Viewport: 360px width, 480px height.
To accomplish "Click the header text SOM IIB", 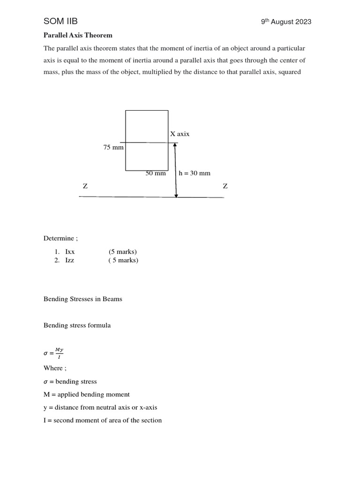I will click(60, 21).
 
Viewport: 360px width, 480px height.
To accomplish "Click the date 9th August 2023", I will click(286, 22).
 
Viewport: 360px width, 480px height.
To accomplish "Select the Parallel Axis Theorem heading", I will click(78, 35).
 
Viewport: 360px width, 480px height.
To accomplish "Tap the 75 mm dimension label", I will click(113, 147).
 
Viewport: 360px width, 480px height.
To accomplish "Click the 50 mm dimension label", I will click(156, 173).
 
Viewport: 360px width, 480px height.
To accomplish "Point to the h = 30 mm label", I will click(195, 173).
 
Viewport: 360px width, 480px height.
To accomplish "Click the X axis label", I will click(180, 134).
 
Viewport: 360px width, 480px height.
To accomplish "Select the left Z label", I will click(85, 186).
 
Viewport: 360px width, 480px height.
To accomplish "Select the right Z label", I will click(225, 186).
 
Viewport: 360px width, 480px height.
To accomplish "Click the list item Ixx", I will click(70, 252).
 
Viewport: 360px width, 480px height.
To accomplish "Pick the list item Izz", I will click(70, 260).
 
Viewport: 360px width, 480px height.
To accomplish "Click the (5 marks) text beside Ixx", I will click(123, 252).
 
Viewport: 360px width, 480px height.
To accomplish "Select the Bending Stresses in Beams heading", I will click(82, 299).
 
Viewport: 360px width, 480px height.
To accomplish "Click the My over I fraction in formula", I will click(59, 352).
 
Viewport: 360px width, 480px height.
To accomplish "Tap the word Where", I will click(53, 368).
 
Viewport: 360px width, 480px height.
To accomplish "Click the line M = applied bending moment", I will click(87, 394).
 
